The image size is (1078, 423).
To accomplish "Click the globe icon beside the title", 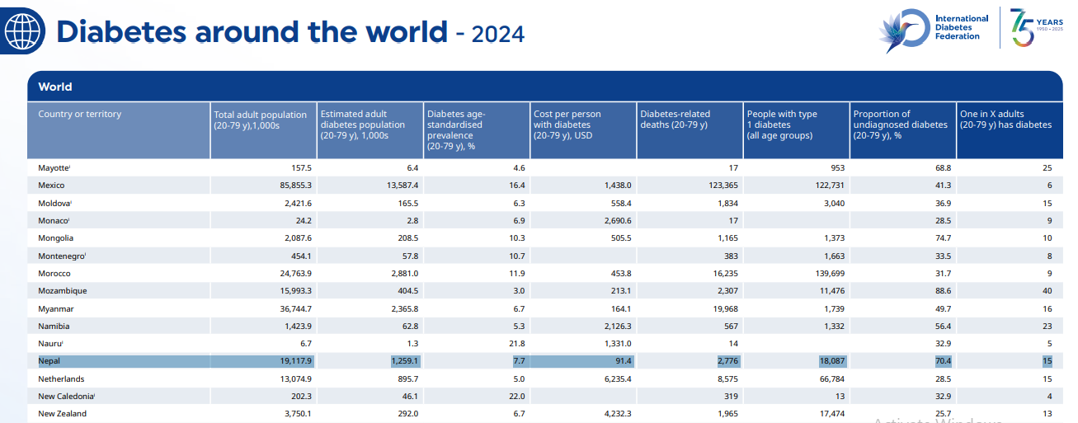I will (x=22, y=32).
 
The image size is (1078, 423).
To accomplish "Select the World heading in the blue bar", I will (x=55, y=87).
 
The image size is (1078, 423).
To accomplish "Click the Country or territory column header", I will (x=79, y=114).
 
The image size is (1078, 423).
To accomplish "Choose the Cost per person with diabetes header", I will (x=567, y=120).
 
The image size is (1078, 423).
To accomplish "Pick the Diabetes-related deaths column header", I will (x=676, y=120).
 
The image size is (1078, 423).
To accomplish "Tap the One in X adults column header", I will (x=1005, y=120).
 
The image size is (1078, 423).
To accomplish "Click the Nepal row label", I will (x=49, y=361).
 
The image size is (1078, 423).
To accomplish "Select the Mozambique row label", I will (x=62, y=291).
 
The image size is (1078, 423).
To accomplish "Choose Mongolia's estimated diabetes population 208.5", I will (x=407, y=238).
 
